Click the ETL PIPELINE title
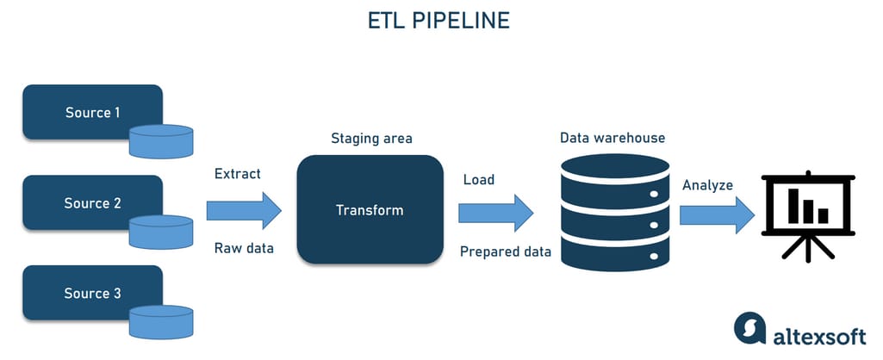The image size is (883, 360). tap(440, 20)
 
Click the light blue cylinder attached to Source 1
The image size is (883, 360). tap(161, 140)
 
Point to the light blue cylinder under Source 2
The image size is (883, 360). tap(161, 232)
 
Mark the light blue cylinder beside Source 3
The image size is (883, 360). tap(161, 322)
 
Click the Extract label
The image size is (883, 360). tap(237, 174)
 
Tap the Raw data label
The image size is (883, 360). tap(244, 248)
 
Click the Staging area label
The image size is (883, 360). tap(371, 138)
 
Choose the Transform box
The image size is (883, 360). tap(370, 209)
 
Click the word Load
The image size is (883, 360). tap(479, 180)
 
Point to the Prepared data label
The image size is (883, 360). tap(504, 251)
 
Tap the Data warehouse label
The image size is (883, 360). tap(612, 138)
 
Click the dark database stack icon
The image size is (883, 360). tap(614, 211)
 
